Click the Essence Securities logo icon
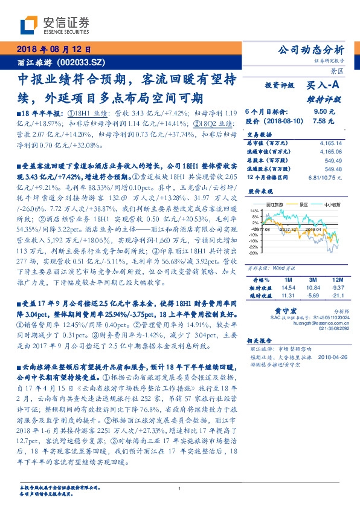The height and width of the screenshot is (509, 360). point(28,25)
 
